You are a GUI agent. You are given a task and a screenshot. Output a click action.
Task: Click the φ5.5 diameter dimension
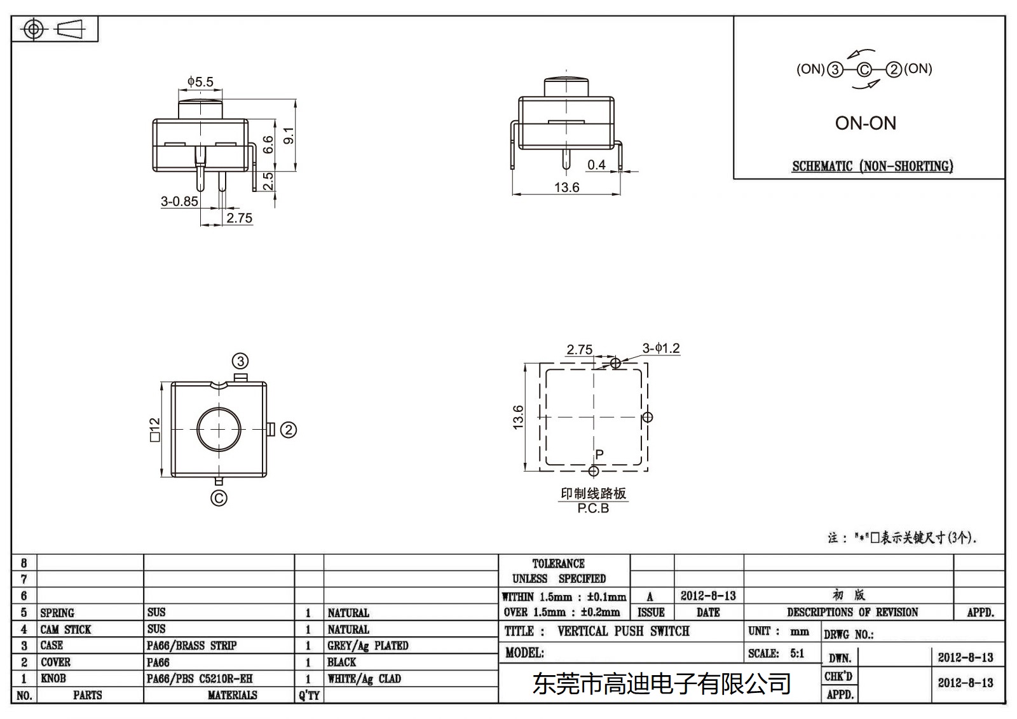pyautogui.click(x=200, y=82)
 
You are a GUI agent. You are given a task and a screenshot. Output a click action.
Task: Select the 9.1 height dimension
pyautogui.click(x=289, y=135)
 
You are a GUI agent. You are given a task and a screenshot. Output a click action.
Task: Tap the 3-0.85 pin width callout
pyautogui.click(x=179, y=202)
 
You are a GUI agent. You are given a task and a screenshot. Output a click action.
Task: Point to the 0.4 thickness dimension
pyautogui.click(x=596, y=165)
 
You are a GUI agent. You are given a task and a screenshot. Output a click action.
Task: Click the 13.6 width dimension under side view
pyautogui.click(x=566, y=188)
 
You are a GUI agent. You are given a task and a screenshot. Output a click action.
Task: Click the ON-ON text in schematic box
pyautogui.click(x=865, y=123)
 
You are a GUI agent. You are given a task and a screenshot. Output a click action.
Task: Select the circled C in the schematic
pyautogui.click(x=864, y=70)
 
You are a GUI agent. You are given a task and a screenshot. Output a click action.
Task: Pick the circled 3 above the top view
pyautogui.click(x=240, y=362)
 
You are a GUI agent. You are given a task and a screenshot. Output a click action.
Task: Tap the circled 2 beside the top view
pyautogui.click(x=289, y=430)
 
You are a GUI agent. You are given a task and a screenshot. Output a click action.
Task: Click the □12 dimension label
pyautogui.click(x=154, y=430)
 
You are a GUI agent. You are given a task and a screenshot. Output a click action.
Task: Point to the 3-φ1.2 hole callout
pyautogui.click(x=660, y=348)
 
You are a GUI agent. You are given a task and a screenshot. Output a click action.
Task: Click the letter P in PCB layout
pyautogui.click(x=599, y=455)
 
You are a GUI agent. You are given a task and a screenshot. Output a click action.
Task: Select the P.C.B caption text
pyautogui.click(x=593, y=509)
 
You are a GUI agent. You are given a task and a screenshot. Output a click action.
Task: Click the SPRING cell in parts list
pyautogui.click(x=57, y=613)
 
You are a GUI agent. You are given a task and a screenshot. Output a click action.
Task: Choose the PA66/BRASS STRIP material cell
pyautogui.click(x=191, y=646)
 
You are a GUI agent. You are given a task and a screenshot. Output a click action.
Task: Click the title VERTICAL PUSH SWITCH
pyautogui.click(x=623, y=631)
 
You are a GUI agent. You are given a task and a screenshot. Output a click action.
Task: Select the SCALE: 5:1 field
pyautogui.click(x=776, y=654)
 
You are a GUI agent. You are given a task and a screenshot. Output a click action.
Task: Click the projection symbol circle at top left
pyautogui.click(x=34, y=29)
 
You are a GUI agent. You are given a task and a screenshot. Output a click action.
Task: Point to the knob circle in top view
pyautogui.click(x=219, y=430)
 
